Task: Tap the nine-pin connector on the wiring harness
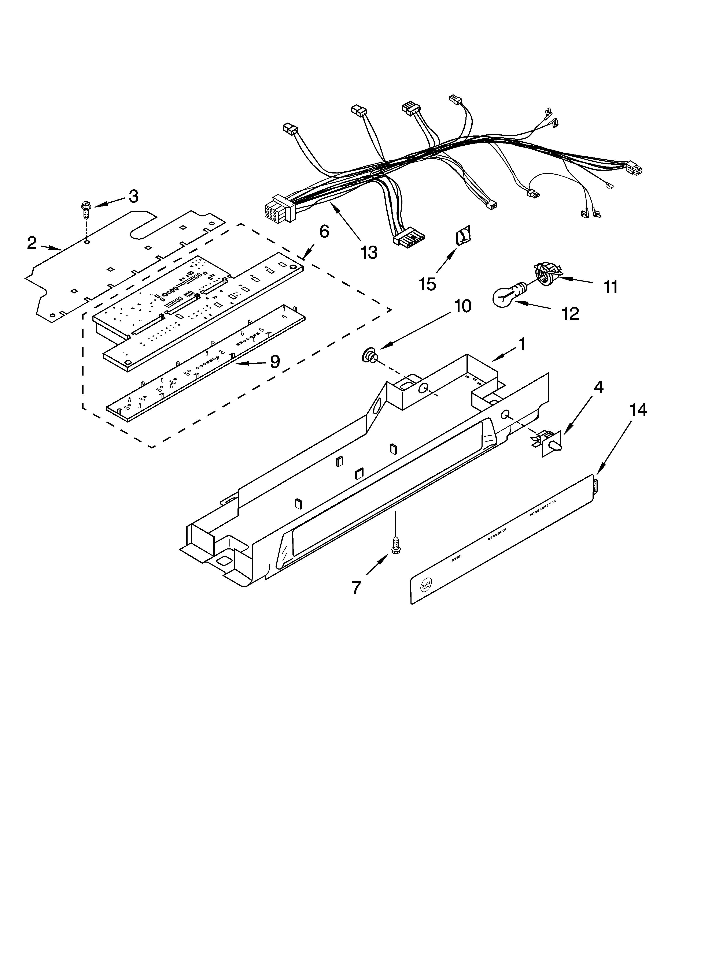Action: click(x=275, y=210)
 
